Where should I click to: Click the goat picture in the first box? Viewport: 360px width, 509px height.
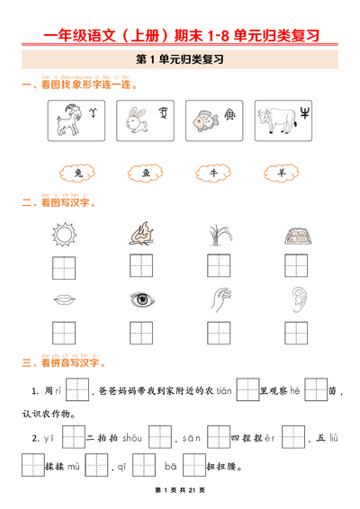click(x=67, y=119)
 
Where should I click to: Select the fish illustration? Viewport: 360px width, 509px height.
click(x=204, y=119)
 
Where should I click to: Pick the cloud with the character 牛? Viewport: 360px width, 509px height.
click(x=214, y=174)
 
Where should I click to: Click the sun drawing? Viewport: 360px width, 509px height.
click(x=63, y=235)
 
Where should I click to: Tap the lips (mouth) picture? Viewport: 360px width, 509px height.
click(x=63, y=299)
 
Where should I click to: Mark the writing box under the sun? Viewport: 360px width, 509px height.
click(x=63, y=265)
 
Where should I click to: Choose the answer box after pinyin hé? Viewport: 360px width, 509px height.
click(x=315, y=390)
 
